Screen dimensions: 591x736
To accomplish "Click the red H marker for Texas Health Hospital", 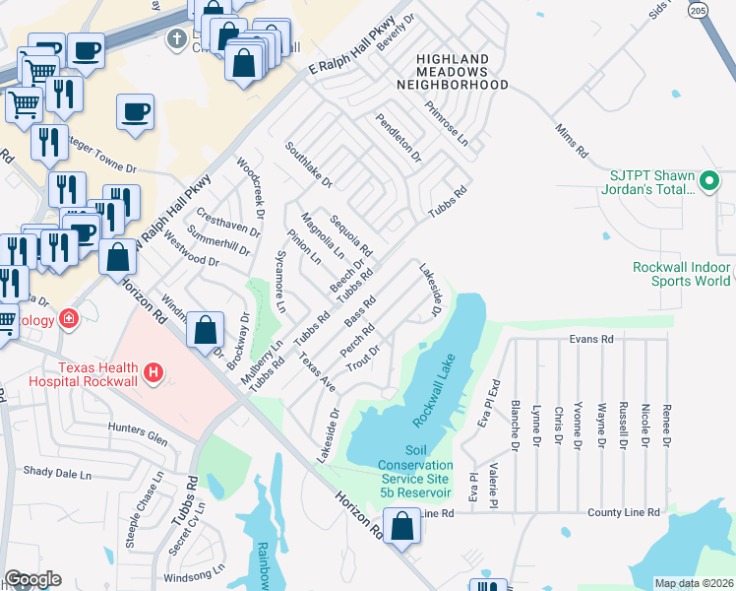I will [153, 372].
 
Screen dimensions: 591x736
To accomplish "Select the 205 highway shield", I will [698, 10].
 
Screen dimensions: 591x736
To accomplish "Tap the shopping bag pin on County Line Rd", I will [402, 526].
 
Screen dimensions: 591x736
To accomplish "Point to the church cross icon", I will [177, 40].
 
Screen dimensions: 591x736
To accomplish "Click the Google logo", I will [32, 579].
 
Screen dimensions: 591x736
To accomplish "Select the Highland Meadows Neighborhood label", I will [452, 72].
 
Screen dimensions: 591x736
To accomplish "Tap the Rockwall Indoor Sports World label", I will [684, 274].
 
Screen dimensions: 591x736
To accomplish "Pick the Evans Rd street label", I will [590, 338].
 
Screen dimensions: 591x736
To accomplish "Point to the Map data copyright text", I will [694, 583].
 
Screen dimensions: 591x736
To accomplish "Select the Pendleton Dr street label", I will [399, 138].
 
